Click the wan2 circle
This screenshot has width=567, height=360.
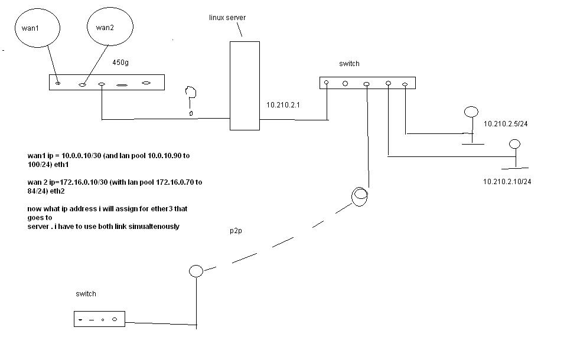(109, 27)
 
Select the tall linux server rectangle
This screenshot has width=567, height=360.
(245, 86)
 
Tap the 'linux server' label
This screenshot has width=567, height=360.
(227, 18)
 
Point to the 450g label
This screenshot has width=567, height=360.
(120, 62)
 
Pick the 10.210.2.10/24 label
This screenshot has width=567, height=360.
(507, 182)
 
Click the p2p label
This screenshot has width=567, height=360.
(236, 231)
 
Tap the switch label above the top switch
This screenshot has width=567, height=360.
(349, 64)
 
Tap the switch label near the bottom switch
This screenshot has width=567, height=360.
(86, 294)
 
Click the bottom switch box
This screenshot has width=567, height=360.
(99, 319)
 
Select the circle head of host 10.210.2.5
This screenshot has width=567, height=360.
(471, 112)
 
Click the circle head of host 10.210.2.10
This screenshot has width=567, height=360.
(514, 144)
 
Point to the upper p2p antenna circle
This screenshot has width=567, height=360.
(360, 196)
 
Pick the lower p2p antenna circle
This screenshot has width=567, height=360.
(195, 271)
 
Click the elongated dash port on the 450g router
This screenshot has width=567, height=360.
(122, 85)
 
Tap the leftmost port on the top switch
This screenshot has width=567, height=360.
(327, 83)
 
